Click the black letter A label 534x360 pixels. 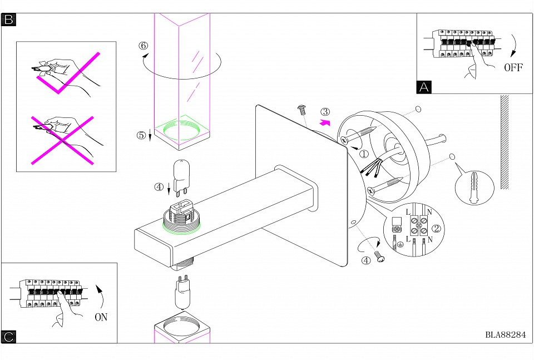(x=424, y=87)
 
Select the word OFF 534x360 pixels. (x=513, y=68)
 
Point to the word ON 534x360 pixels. (x=101, y=317)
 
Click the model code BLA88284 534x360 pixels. (x=505, y=335)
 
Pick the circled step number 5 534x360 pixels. (x=142, y=135)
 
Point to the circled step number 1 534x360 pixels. (x=363, y=153)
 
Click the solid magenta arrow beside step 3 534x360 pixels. (x=325, y=122)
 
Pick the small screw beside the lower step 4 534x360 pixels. (x=381, y=257)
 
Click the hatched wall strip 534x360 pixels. (x=505, y=142)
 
